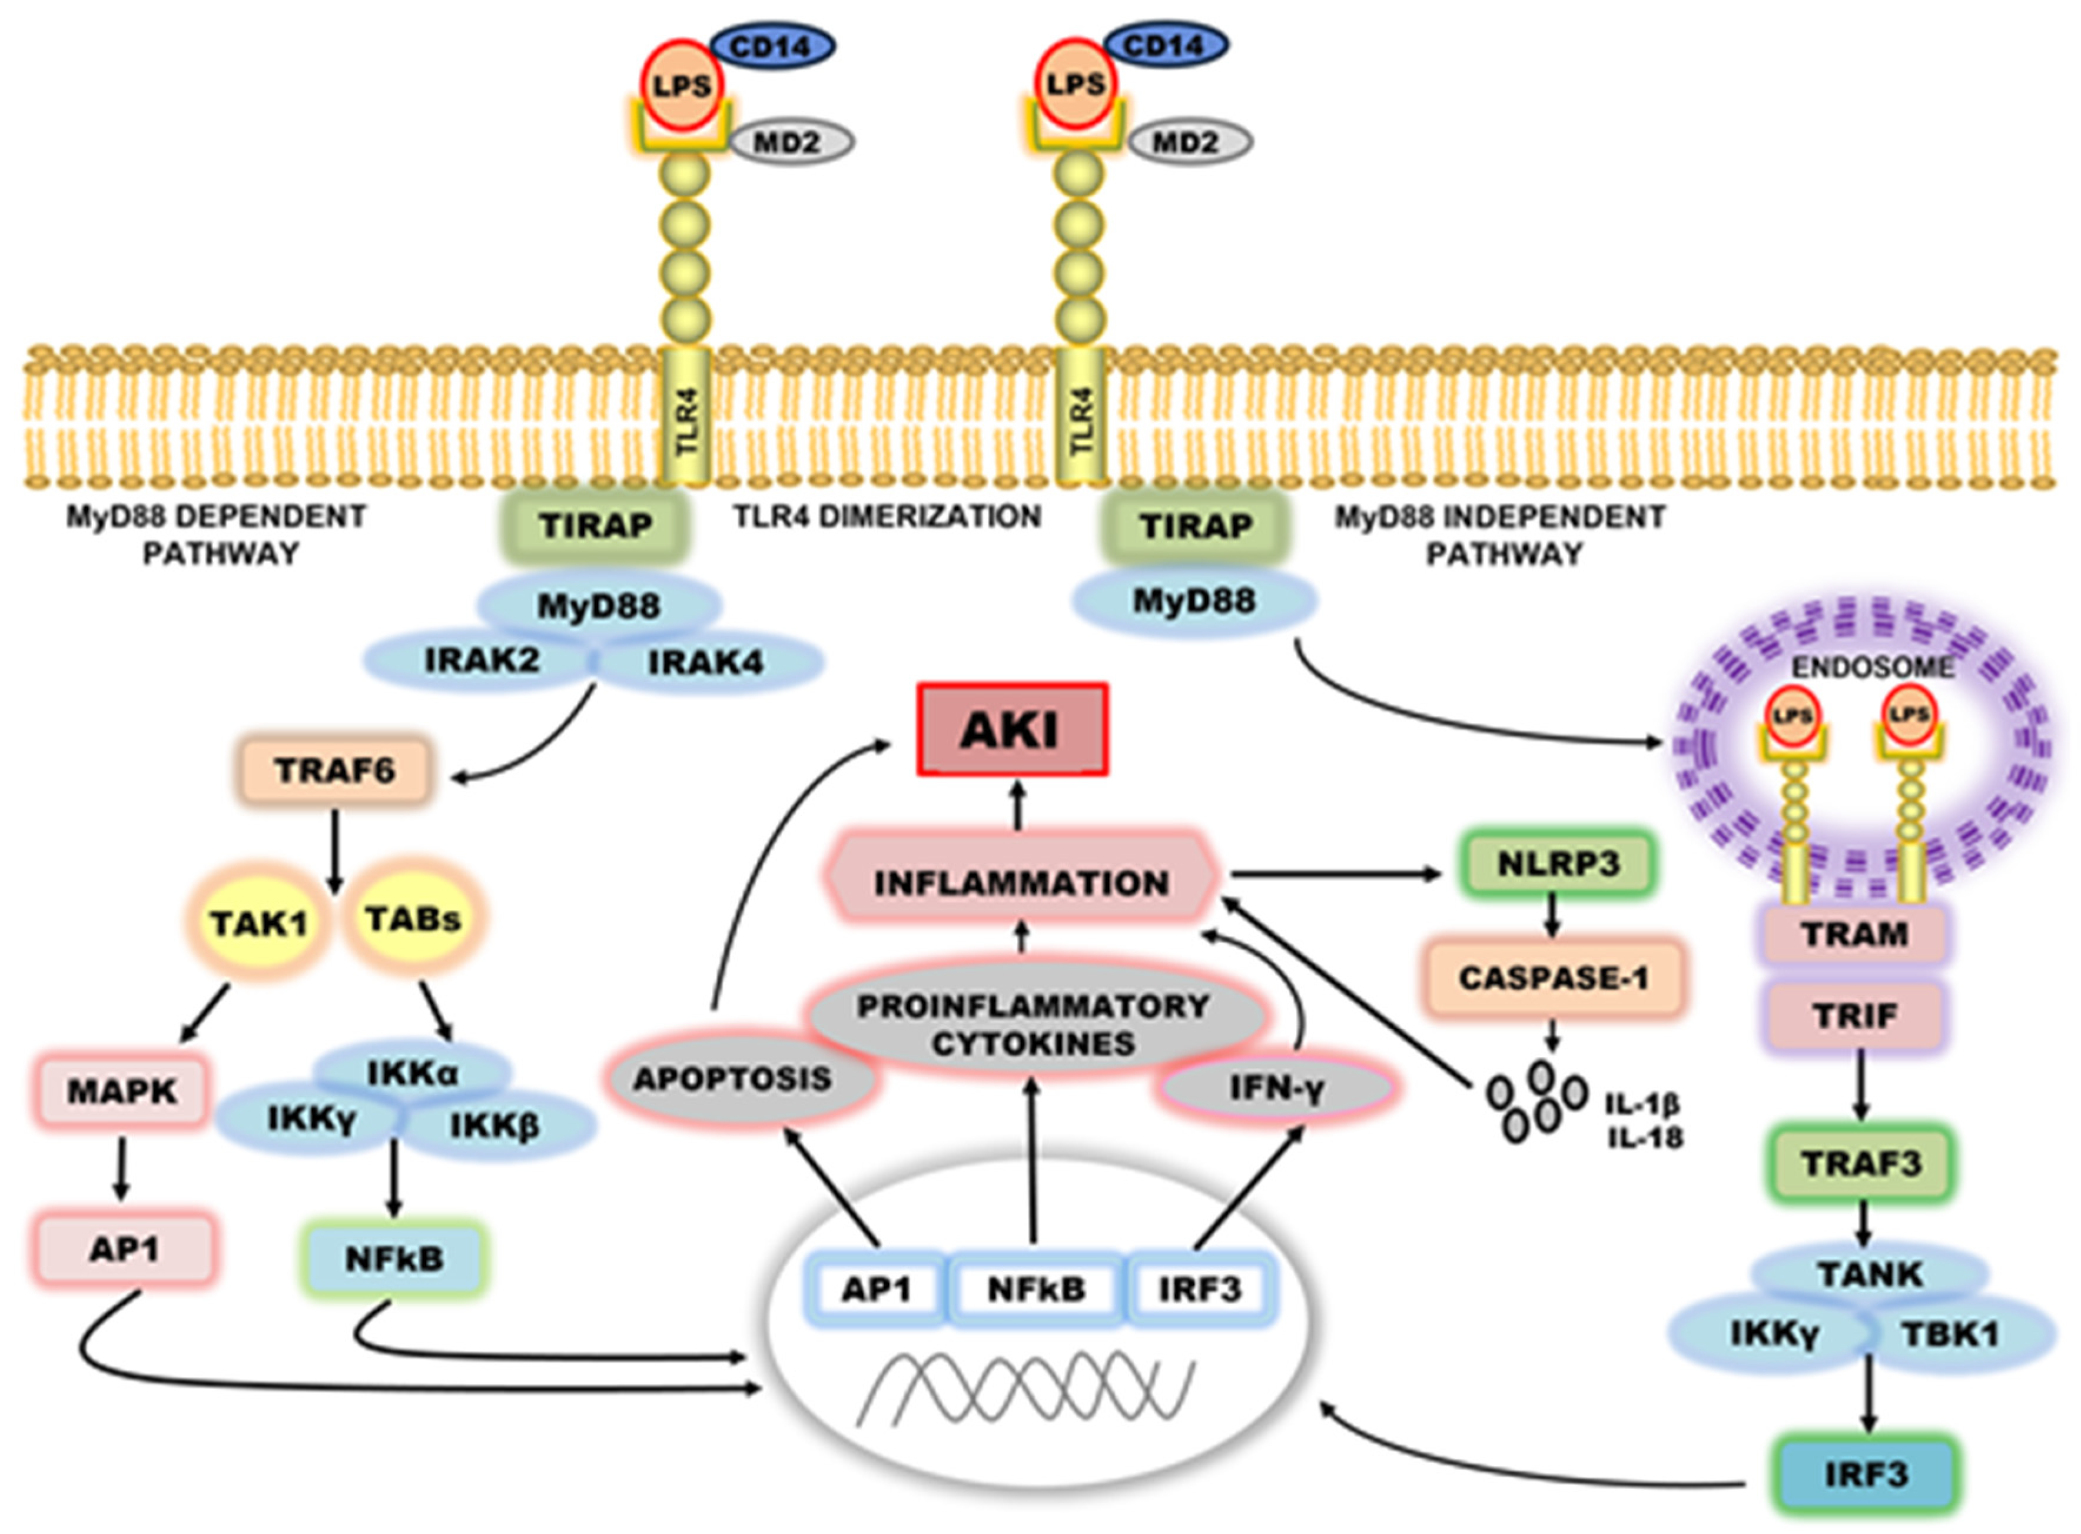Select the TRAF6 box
tap(335, 770)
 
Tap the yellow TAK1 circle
tap(259, 922)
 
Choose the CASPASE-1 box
tap(1554, 978)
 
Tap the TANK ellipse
tap(1869, 1274)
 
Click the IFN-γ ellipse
tap(1277, 1087)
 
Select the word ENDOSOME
tap(1872, 668)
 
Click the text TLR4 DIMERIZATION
tap(888, 516)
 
